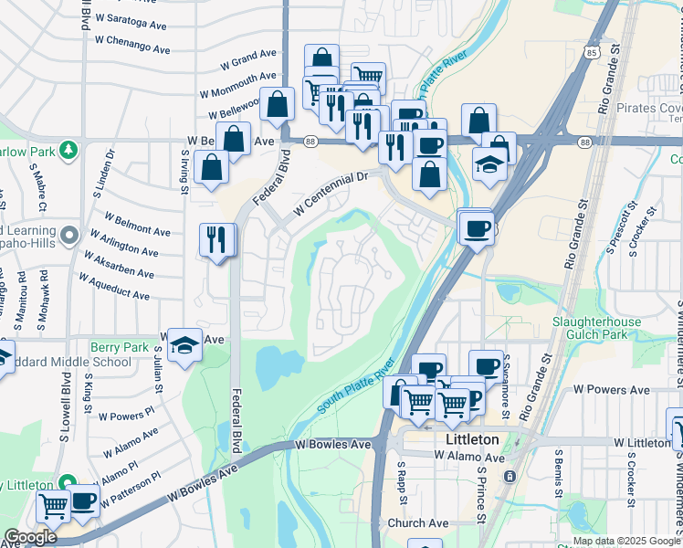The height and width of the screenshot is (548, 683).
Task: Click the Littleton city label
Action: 471,439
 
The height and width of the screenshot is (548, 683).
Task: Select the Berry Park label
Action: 119,347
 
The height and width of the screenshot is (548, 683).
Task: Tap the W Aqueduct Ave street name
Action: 114,290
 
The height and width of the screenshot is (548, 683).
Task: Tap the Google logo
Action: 29,537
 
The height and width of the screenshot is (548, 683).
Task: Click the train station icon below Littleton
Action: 510,476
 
